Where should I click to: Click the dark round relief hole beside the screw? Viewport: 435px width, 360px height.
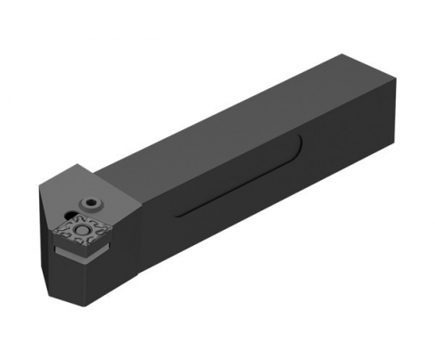(x=67, y=214)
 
